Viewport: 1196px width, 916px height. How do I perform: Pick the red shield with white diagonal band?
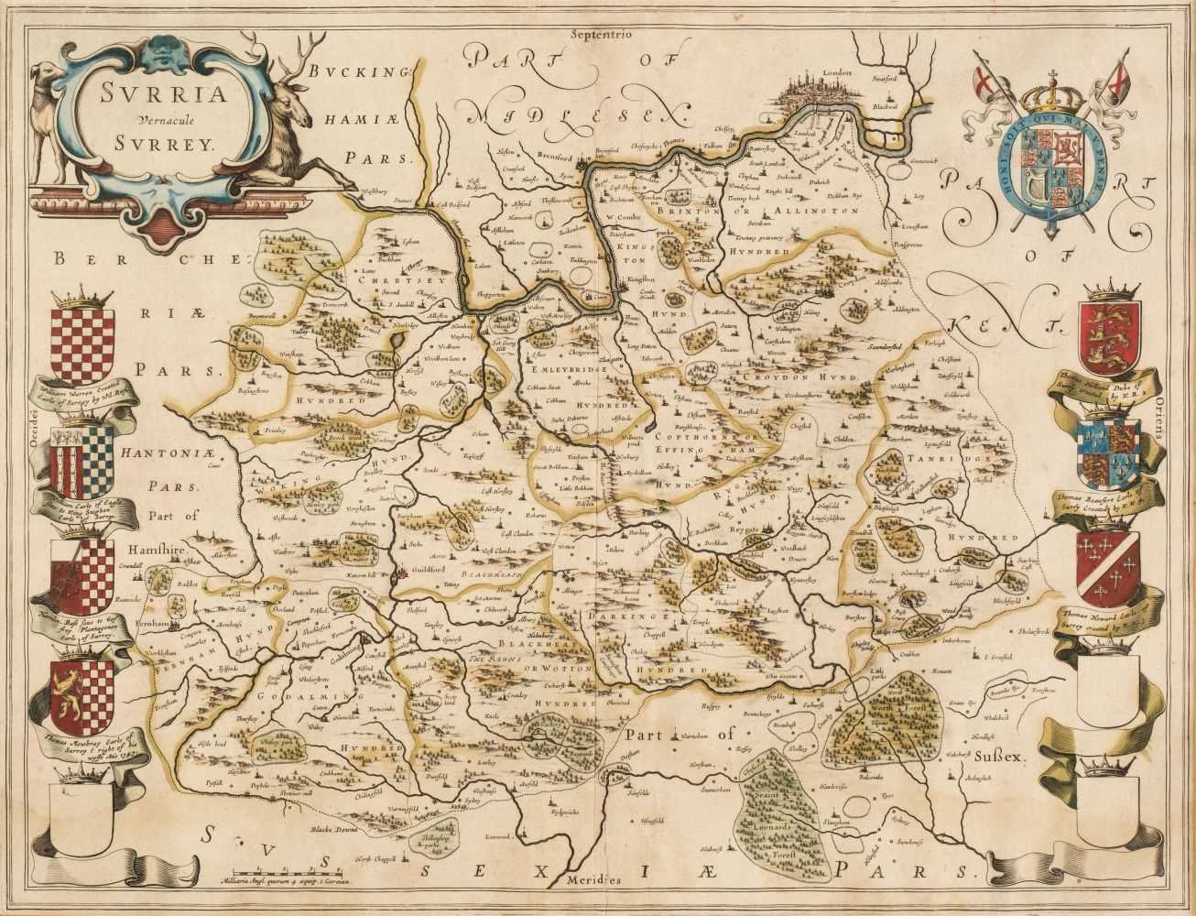click(1108, 560)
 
